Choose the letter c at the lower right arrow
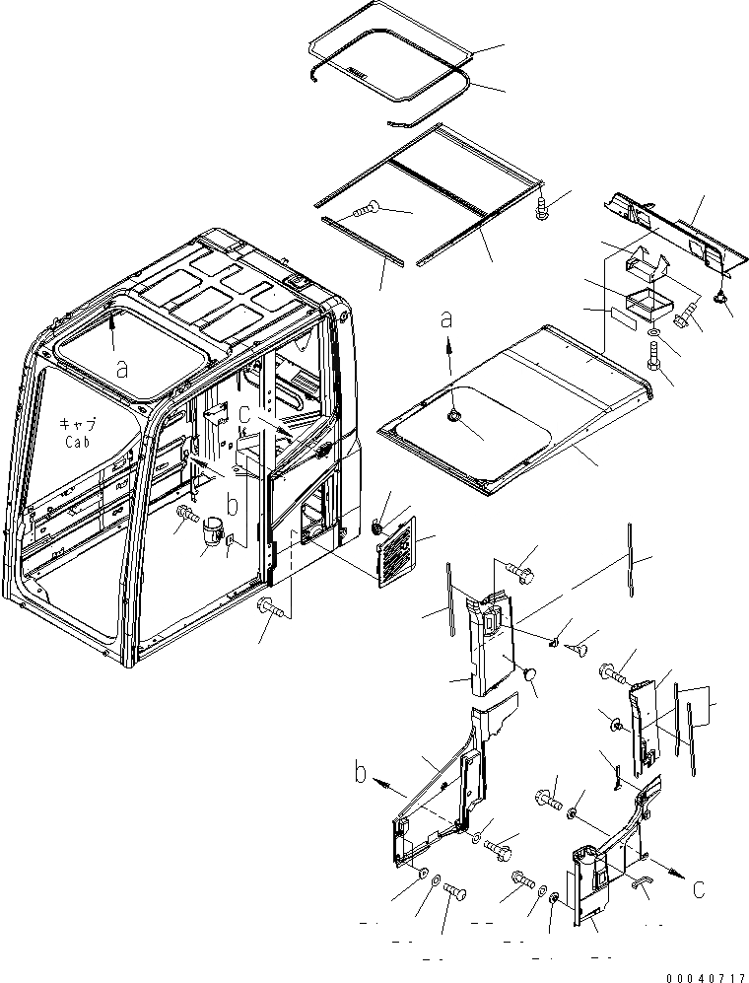pyautogui.click(x=697, y=889)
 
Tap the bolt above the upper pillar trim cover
pyautogui.click(x=518, y=568)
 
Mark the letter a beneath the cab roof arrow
pyautogui.click(x=122, y=368)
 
